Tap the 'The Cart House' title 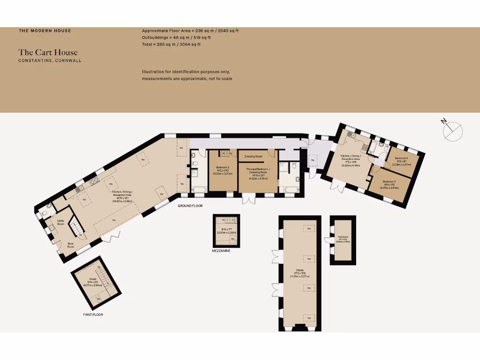tap(48, 52)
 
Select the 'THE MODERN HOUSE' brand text tap(45, 31)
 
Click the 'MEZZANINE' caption tap(221, 251)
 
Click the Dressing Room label tap(253, 156)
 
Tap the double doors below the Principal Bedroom tap(248, 199)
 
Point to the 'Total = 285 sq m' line tap(171, 45)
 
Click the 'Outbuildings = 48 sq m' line tap(176, 37)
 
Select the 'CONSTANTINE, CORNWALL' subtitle tap(50, 60)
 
